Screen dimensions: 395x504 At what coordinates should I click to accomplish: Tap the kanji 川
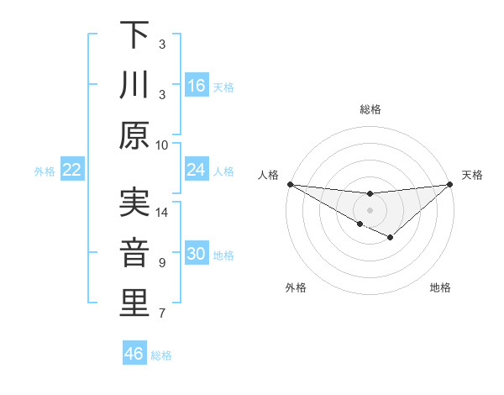coord(134,85)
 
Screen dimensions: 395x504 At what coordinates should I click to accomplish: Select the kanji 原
coord(134,134)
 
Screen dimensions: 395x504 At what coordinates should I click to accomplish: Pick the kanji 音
coord(134,253)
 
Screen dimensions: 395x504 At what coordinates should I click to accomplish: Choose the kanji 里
coord(134,303)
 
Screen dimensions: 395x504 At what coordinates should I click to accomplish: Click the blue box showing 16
coord(197,86)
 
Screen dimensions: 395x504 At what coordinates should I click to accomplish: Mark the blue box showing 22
coord(72,171)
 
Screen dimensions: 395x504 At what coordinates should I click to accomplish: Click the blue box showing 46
coord(134,354)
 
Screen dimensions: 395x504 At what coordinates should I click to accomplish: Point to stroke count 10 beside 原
coord(162,145)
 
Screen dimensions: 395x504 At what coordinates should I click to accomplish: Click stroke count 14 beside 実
coord(162,213)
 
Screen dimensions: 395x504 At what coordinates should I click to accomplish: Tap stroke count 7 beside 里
coord(162,314)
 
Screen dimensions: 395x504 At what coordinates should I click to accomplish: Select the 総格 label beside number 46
coord(162,355)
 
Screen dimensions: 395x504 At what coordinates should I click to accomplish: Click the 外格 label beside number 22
coord(45,171)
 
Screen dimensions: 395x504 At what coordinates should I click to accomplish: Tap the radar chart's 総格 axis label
coord(370,109)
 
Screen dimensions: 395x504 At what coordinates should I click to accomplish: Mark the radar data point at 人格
coord(290,183)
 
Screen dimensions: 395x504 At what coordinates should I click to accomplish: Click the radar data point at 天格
coord(451,184)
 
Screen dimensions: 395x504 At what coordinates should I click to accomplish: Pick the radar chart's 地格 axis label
coord(440,288)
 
